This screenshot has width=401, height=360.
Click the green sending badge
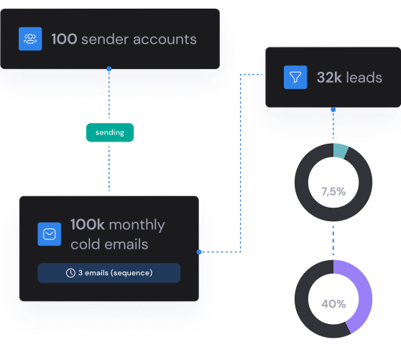110,132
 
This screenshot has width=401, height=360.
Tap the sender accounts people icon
30,39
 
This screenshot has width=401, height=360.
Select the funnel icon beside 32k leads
295,77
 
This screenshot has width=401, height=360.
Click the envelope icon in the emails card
50,234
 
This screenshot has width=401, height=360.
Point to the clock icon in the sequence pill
70,273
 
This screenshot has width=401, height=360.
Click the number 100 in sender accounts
64,39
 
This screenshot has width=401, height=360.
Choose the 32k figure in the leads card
329,77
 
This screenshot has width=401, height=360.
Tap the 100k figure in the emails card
88,224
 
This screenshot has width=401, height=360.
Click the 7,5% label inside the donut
333,191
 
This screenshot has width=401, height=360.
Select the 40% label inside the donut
333,304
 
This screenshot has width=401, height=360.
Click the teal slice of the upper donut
341,151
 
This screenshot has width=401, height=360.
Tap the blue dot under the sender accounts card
109,68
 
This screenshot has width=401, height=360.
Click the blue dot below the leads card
333,110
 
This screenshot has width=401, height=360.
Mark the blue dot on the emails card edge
199,251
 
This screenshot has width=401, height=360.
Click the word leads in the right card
364,77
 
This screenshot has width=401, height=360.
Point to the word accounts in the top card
165,40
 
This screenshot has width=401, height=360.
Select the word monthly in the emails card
137,226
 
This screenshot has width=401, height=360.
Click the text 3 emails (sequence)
115,273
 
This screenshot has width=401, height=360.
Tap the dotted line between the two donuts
333,241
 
